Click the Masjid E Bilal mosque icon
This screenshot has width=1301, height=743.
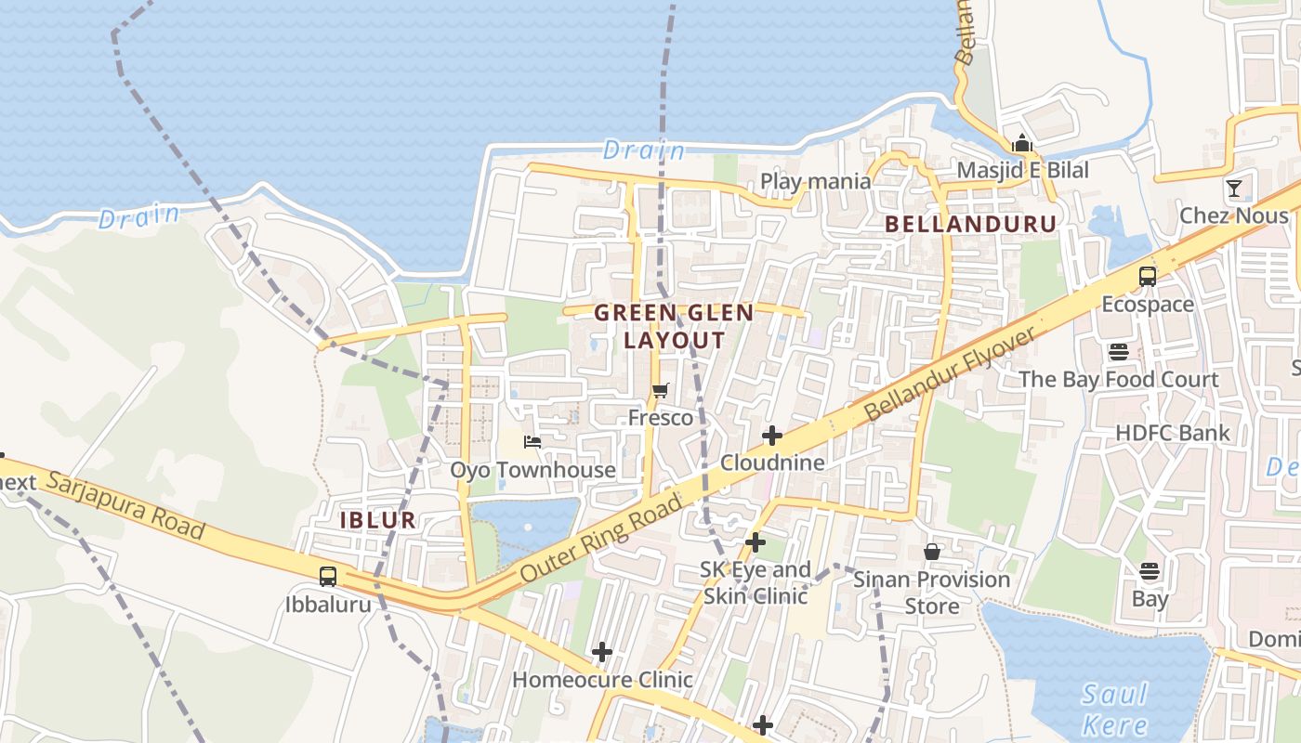1022,143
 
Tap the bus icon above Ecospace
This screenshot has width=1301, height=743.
1148,276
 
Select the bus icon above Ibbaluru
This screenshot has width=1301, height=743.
328,576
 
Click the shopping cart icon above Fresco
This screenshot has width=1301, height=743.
660,390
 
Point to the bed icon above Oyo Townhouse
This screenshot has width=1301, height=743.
532,441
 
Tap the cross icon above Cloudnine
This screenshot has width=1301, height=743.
771,435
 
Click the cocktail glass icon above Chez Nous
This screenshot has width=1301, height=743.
1234,189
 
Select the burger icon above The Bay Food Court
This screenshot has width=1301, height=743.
1118,352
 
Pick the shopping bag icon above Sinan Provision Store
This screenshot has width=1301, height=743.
932,552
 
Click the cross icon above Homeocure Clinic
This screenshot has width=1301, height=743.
602,652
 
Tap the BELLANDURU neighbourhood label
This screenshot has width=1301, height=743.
970,224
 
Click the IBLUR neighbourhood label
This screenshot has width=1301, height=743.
377,520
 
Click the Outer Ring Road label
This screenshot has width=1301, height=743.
601,538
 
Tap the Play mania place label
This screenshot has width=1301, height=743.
815,181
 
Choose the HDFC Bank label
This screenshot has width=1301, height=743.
1172,433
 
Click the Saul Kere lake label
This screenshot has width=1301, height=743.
1115,708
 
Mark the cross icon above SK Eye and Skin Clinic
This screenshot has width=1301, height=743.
756,541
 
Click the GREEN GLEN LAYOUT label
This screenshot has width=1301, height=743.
674,326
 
